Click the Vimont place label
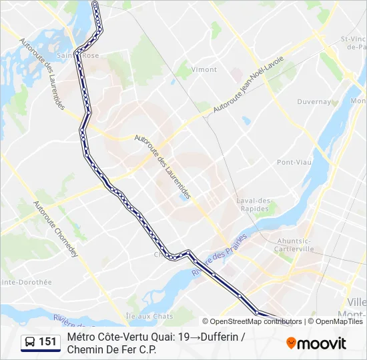[204, 69]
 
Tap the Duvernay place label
[314, 102]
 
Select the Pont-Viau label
[294, 162]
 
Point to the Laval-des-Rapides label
[254, 204]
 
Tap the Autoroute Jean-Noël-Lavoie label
[249, 85]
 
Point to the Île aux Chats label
[149, 316]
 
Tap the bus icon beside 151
[30, 342]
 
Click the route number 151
[48, 342]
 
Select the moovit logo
[316, 343]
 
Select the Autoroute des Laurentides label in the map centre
[163, 167]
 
